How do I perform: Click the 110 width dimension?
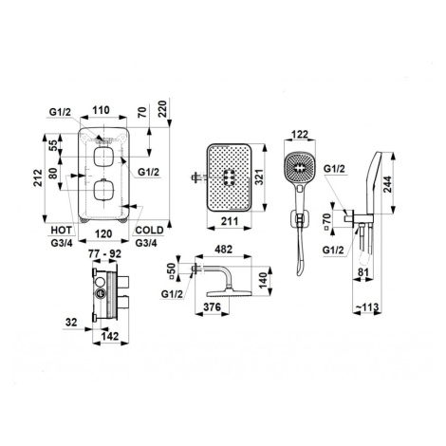coord(102,110)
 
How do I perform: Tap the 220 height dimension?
coord(162,109)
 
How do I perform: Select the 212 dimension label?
coord(38,178)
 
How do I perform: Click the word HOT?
coord(62,230)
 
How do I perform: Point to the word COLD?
coord(149,230)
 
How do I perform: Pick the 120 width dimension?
coord(103,233)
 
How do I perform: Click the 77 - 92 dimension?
coord(104,253)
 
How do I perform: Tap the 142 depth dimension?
coord(110,336)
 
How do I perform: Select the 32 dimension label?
coord(71,323)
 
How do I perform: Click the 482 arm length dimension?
coord(223,250)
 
